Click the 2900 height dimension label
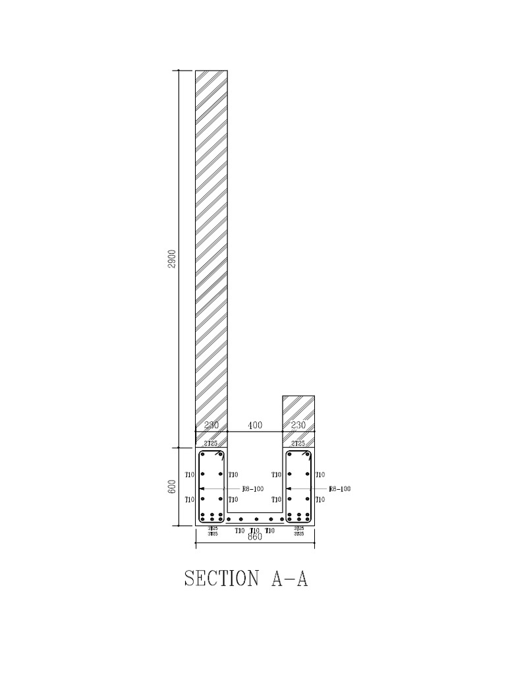pos(173,259)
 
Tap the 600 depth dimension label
pos(173,486)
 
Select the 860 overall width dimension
pos(255,537)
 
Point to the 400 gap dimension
pos(255,426)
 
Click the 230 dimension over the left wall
pos(211,426)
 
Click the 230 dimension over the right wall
pos(298,426)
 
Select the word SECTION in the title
pos(221,579)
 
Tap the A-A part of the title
pos(289,579)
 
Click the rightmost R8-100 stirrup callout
pos(340,489)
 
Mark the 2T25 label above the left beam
pos(211,444)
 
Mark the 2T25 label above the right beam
pos(298,444)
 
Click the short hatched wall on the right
pos(298,411)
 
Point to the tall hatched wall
pos(211,250)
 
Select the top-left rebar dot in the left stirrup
pos(203,455)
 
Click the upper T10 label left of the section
pos(189,475)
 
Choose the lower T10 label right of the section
pos(320,500)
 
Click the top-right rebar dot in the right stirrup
pos(306,455)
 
